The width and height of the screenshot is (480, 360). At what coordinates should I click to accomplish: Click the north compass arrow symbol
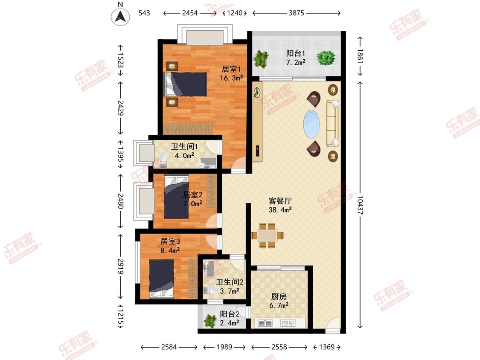(120, 16)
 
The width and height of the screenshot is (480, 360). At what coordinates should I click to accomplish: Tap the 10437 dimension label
(360, 205)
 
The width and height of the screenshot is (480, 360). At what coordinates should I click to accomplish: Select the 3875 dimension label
(297, 13)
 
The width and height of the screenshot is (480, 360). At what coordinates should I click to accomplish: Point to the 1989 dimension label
(224, 347)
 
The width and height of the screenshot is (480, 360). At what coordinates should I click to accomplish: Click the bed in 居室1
(186, 84)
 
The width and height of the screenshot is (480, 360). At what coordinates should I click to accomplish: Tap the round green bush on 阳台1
(326, 58)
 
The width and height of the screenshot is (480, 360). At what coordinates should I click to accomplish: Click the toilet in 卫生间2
(210, 290)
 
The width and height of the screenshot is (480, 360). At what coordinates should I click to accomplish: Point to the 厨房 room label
(279, 296)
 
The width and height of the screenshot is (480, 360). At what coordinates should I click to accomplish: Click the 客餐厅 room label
(280, 201)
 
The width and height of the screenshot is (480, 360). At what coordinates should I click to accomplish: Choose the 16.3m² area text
(231, 78)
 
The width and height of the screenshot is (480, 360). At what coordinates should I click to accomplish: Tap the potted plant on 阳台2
(210, 321)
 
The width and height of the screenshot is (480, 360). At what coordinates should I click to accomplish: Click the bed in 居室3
(161, 279)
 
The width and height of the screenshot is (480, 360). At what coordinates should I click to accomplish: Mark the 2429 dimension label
(120, 108)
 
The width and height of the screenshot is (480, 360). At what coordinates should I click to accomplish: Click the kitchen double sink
(265, 322)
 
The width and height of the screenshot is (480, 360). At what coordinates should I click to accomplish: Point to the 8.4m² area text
(170, 250)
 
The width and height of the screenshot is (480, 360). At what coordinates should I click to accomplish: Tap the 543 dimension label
(144, 13)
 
